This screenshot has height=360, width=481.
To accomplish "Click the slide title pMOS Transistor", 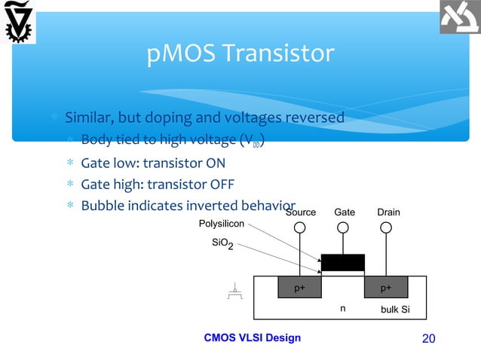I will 240,54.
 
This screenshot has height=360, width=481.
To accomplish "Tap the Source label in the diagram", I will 301,213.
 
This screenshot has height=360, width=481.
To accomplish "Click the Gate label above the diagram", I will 345,213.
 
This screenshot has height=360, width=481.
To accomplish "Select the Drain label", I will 388,213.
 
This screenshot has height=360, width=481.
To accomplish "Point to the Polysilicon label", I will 221,224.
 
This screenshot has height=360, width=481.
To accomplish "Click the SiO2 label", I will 221,245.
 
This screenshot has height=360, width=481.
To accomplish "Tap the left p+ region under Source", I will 299,288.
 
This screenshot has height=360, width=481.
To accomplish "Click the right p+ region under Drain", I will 386,288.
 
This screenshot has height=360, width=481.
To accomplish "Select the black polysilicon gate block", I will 343,262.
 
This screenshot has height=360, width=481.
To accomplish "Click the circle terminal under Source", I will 300,227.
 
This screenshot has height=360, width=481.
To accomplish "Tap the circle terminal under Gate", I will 344,227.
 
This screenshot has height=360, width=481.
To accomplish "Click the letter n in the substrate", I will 343,309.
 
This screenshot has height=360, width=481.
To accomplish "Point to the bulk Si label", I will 394,310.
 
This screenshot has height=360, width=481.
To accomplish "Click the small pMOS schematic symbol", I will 236,292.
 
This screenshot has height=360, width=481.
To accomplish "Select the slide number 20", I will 428,338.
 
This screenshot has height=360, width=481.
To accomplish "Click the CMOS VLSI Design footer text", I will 253,337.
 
